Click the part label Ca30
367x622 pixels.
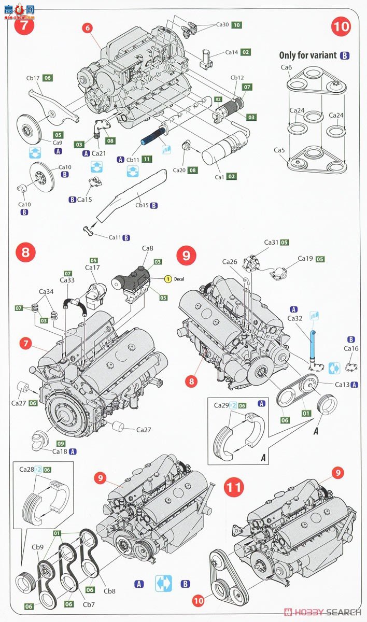click(222, 24)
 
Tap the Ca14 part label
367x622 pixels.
click(231, 52)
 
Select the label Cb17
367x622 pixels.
click(33, 78)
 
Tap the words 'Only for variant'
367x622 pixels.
click(308, 55)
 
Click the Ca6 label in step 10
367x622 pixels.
click(286, 68)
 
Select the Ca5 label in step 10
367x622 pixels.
click(279, 150)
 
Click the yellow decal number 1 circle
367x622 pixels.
click(168, 279)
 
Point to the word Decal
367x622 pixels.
click(179, 279)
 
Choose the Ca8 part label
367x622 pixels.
click(148, 249)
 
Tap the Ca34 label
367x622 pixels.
click(47, 292)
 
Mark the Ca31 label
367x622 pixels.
click(271, 242)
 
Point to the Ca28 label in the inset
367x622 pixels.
click(26, 470)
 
